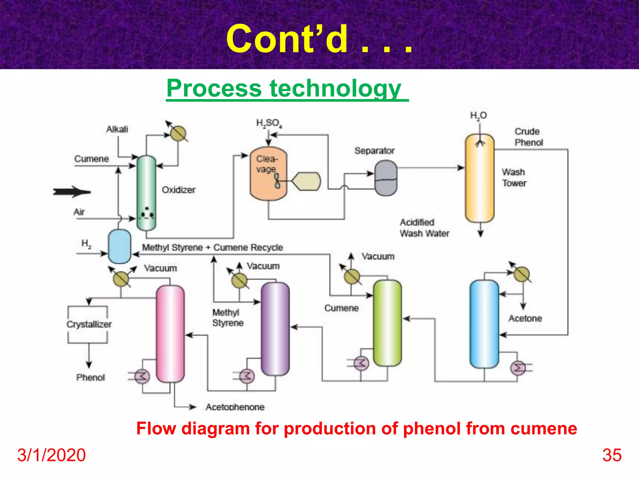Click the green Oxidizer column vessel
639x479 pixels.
pyautogui.click(x=146, y=193)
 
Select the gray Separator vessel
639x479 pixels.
pyautogui.click(x=386, y=178)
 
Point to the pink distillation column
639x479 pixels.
pyautogui.click(x=170, y=334)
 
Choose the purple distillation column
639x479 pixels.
pyautogui.click(x=275, y=329)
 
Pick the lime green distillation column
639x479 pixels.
pyautogui.click(x=387, y=323)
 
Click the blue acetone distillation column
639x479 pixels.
pyautogui.click(x=484, y=324)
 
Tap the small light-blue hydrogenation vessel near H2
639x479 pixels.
pyautogui.click(x=119, y=246)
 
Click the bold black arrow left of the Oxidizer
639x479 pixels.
pyautogui.click(x=72, y=192)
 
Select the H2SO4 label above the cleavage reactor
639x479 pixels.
pyautogui.click(x=269, y=123)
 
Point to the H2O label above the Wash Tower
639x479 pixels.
pyautogui.click(x=478, y=116)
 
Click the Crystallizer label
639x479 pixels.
pyautogui.click(x=89, y=324)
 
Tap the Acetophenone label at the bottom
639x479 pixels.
pyautogui.click(x=235, y=407)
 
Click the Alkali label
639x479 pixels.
pyautogui.click(x=117, y=129)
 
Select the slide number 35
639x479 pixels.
pyautogui.click(x=612, y=455)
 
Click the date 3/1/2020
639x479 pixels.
pyautogui.click(x=51, y=455)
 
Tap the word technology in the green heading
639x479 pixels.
pyautogui.click(x=335, y=89)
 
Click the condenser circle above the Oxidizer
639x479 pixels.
pyautogui.click(x=178, y=134)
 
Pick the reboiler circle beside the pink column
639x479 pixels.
pyautogui.click(x=142, y=376)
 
